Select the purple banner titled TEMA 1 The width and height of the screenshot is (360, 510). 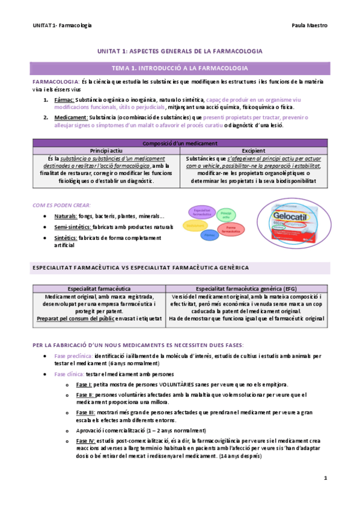coord(180,69)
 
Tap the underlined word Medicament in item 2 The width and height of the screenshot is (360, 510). coord(70,117)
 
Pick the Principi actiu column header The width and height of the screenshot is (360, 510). coord(106,150)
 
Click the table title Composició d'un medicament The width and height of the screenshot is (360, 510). coord(180,143)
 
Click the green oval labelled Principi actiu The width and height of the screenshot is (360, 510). coord(226,214)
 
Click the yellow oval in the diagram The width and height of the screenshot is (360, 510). coord(195,225)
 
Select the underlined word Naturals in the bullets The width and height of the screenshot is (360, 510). coord(66,216)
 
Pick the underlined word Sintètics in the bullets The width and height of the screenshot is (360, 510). coord(66,238)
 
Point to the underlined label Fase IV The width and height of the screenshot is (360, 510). coord(84,441)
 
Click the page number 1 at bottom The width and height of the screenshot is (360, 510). coord(325,479)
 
